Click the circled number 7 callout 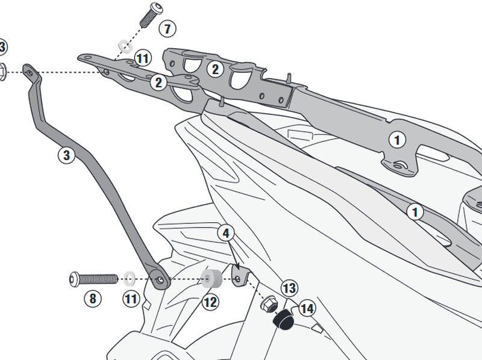point(167,28)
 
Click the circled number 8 point(92,298)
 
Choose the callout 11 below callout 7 point(142,58)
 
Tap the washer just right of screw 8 point(128,278)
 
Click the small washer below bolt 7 point(125,45)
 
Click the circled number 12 point(210,302)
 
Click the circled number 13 point(289,288)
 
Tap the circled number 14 point(307,309)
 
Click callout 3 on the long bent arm point(66,155)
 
